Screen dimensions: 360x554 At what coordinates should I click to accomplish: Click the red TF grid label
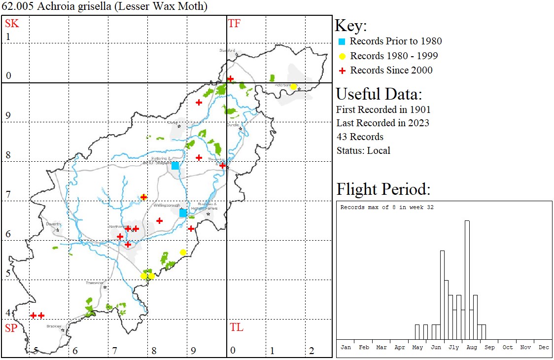[234, 23]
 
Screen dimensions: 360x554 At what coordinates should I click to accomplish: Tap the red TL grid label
[236, 327]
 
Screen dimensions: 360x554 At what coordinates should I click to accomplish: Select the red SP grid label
[11, 328]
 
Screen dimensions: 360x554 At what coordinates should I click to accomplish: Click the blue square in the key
[342, 41]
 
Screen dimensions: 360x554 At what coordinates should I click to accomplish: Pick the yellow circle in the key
[342, 56]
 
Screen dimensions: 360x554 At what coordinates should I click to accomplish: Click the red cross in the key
[342, 71]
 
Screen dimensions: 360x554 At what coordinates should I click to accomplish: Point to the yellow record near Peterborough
[293, 87]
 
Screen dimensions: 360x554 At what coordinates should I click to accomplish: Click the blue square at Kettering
[175, 165]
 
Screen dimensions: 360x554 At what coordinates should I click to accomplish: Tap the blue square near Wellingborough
[183, 213]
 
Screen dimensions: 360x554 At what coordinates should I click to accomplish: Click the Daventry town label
[53, 224]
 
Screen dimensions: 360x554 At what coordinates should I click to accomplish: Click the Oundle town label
[233, 125]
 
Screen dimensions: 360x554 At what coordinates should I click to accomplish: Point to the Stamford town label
[227, 50]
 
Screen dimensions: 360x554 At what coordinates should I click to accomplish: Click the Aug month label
[472, 347]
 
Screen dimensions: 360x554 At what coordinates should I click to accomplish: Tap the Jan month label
[346, 347]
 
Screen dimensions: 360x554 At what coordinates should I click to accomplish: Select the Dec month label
[544, 347]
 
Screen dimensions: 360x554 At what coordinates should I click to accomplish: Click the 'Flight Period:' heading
[383, 189]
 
